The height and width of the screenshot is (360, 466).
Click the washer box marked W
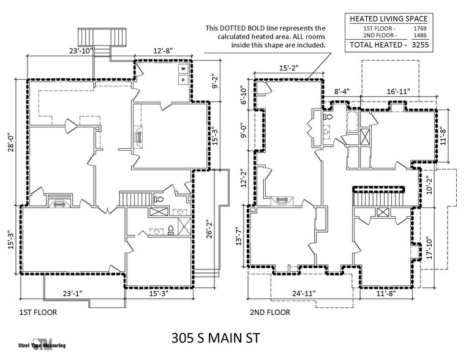tap(183, 69)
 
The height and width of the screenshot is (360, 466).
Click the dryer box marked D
tap(183, 80)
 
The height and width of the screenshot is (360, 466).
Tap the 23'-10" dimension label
tap(81, 51)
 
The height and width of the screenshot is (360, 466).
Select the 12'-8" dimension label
tap(163, 51)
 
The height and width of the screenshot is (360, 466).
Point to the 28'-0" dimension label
tap(11, 142)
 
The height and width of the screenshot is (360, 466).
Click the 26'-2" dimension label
tap(209, 227)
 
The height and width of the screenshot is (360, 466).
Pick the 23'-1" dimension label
tap(72, 293)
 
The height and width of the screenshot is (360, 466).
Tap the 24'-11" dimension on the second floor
tap(304, 293)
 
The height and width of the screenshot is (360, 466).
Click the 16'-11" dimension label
tap(398, 91)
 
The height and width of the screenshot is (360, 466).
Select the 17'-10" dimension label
tap(430, 247)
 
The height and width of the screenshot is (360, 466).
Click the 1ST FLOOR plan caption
tap(38, 312)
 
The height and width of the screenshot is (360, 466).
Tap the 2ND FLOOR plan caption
tap(270, 312)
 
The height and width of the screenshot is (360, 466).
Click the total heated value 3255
tap(420, 45)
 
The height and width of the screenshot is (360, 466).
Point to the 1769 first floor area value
tap(420, 29)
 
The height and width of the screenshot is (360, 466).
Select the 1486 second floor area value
tap(420, 36)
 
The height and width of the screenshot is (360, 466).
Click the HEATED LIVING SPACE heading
tap(388, 19)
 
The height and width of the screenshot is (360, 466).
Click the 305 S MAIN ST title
tap(216, 338)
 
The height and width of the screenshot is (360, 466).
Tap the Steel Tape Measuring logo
tap(42, 345)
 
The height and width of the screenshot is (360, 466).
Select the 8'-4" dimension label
tap(342, 91)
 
